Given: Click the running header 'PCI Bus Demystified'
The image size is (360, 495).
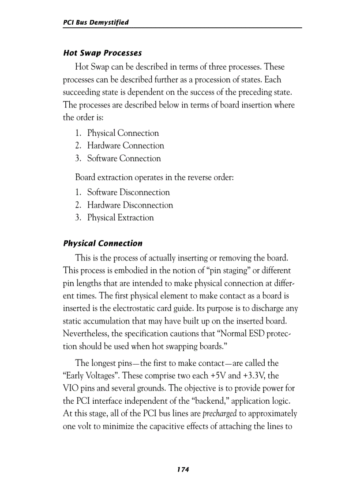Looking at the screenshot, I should point(96,22).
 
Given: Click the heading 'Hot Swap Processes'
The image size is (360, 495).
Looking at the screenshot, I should point(102,53).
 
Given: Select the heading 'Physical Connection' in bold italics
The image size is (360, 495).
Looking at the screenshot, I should point(103,243).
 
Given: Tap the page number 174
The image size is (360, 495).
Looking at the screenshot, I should point(183,470).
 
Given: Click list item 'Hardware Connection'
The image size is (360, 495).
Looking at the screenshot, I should point(125,145).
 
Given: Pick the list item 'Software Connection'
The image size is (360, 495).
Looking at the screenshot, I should point(124,158).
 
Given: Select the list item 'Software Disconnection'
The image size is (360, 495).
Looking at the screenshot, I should point(128,192).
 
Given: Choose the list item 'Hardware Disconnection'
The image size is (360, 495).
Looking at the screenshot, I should point(130,205).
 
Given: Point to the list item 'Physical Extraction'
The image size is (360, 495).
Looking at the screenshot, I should point(120,217).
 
